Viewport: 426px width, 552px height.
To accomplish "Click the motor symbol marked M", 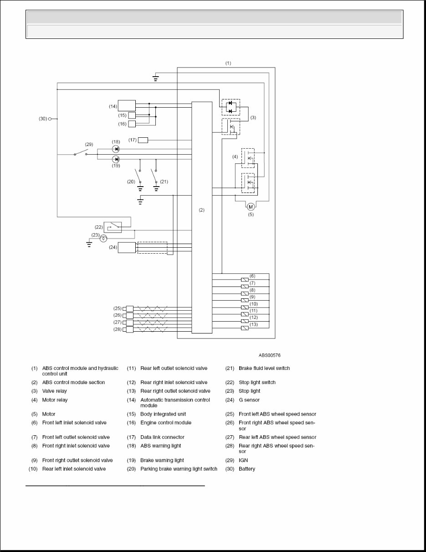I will pyautogui.click(x=251, y=207).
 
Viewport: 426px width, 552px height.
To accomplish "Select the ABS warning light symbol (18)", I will pyautogui.click(x=116, y=149).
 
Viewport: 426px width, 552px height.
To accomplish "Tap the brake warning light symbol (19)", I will pyautogui.click(x=116, y=159).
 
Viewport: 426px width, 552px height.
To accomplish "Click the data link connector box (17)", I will pyautogui.click(x=143, y=140).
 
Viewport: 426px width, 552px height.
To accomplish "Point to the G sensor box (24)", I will pyautogui.click(x=127, y=247).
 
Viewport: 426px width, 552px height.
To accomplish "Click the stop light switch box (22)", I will pyautogui.click(x=113, y=227).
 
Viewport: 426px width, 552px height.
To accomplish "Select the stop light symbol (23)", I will pyautogui.click(x=104, y=238).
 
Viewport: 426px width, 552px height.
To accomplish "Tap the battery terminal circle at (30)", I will pyautogui.click(x=50, y=119).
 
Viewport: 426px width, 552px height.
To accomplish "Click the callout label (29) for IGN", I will pyautogui.click(x=89, y=144).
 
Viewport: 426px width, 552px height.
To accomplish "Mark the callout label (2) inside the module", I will pyautogui.click(x=202, y=210).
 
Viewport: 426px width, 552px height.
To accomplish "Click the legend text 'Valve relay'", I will pyautogui.click(x=54, y=391).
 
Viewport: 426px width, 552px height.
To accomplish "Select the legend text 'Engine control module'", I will pyautogui.click(x=166, y=422).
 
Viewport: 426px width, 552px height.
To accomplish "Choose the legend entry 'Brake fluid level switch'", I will pyautogui.click(x=264, y=368).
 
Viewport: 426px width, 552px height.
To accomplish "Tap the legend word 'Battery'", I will pyautogui.click(x=247, y=469).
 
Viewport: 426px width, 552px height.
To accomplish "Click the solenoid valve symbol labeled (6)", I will pyautogui.click(x=245, y=279).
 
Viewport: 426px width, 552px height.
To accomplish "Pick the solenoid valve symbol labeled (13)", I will pyautogui.click(x=245, y=328).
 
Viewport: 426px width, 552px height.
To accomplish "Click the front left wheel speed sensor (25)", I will pyautogui.click(x=129, y=308).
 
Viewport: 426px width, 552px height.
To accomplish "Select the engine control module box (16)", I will pyautogui.click(x=132, y=124).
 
